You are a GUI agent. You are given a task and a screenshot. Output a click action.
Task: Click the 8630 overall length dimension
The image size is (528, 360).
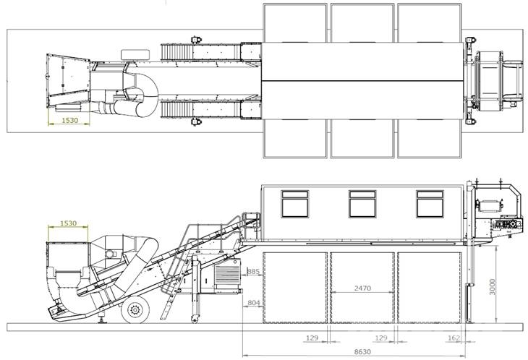pos(362,352)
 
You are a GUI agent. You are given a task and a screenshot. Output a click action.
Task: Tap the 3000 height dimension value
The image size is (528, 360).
pos(493,287)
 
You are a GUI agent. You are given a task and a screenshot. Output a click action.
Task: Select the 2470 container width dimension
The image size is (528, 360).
pos(362,288)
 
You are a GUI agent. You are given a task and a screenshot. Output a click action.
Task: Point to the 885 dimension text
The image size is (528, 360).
pos(253,271)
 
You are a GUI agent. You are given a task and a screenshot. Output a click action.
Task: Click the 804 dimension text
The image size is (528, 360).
pos(254,303)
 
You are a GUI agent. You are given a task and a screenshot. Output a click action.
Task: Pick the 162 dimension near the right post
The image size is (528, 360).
pos(454,338)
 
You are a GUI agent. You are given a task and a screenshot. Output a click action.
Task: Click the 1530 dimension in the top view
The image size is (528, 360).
pos(69,120)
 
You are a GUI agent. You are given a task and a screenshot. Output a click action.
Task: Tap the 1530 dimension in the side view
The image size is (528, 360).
pos(68,223)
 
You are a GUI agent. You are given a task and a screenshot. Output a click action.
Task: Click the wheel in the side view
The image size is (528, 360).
pos(135,309)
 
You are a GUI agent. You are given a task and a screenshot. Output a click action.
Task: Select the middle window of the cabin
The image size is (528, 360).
pos(362,204)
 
